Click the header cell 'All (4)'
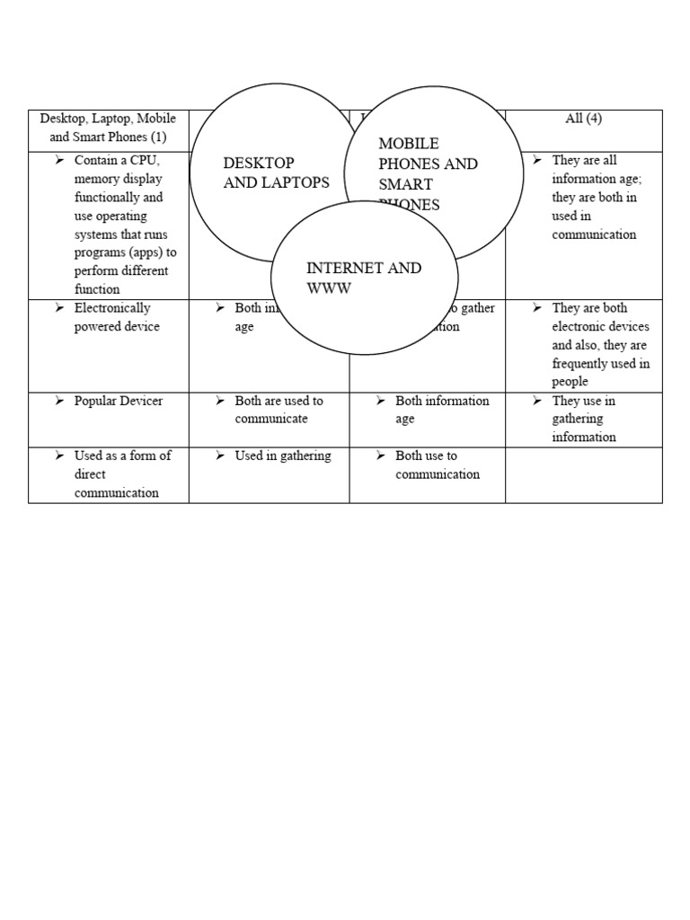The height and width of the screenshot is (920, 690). pyautogui.click(x=583, y=119)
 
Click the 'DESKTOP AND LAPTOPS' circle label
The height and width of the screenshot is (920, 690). pyautogui.click(x=276, y=172)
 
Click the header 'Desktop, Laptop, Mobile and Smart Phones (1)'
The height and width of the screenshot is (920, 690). pyautogui.click(x=108, y=128)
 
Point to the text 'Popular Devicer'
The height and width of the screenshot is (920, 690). pyautogui.click(x=118, y=401)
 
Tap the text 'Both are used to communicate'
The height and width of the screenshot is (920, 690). pyautogui.click(x=279, y=410)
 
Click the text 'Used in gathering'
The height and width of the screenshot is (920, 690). pyautogui.click(x=282, y=456)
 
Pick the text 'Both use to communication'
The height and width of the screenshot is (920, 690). pyautogui.click(x=438, y=465)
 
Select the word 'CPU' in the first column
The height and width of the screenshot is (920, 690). pyautogui.click(x=143, y=161)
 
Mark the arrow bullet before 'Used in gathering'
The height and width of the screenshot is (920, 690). pyautogui.click(x=220, y=456)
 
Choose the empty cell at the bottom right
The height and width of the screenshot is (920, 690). pyautogui.click(x=583, y=474)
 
